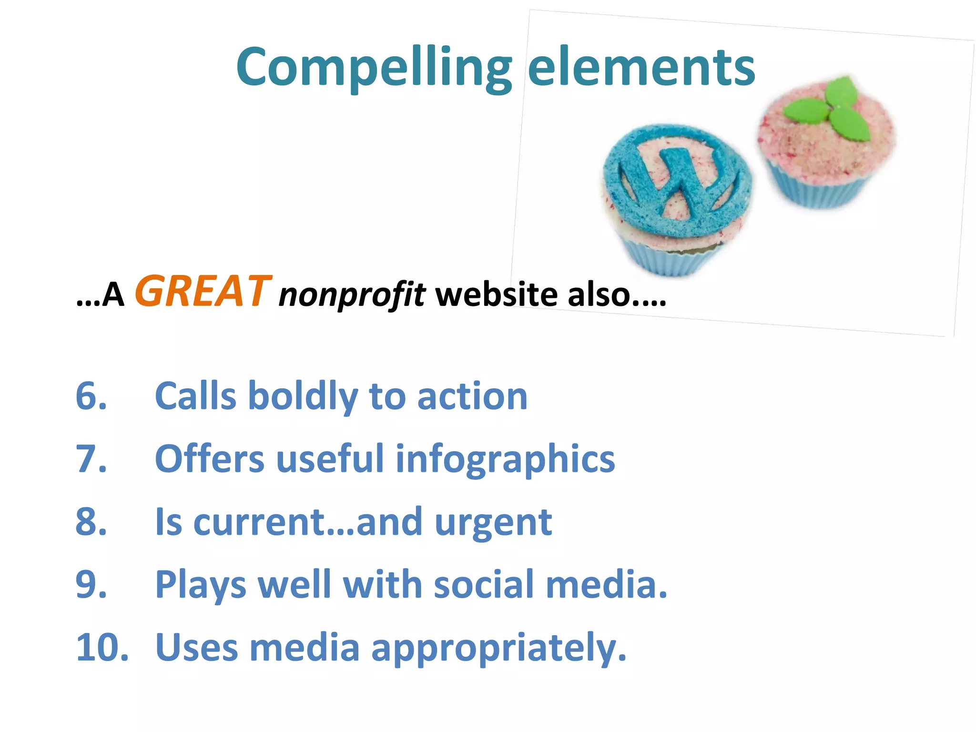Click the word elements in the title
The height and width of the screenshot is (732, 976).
point(641,68)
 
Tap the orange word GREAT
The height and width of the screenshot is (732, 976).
point(203,291)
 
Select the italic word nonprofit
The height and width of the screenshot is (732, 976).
point(352,295)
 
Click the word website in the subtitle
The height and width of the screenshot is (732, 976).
point(496,294)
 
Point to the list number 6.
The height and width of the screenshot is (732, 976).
point(91,396)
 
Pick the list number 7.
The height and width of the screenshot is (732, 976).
point(91,459)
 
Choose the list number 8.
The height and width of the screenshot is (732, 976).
point(91,522)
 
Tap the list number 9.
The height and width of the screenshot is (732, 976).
point(91,585)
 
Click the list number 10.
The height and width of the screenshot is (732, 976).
point(102,648)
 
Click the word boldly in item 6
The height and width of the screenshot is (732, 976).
point(303,397)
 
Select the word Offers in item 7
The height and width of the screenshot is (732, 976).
point(210,459)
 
